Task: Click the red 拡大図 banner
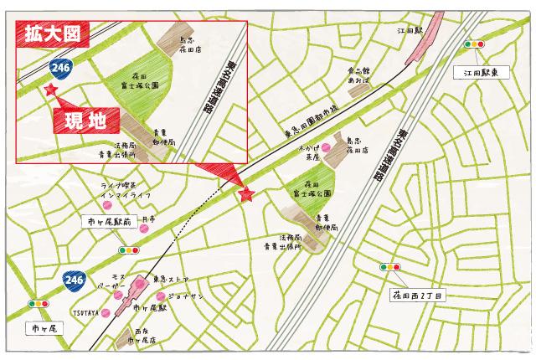[x=53, y=34]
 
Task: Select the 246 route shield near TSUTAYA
[x=74, y=277]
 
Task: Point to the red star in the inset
[x=51, y=88]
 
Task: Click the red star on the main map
[x=245, y=194]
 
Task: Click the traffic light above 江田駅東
[x=475, y=44]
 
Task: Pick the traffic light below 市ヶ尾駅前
[x=128, y=249]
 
